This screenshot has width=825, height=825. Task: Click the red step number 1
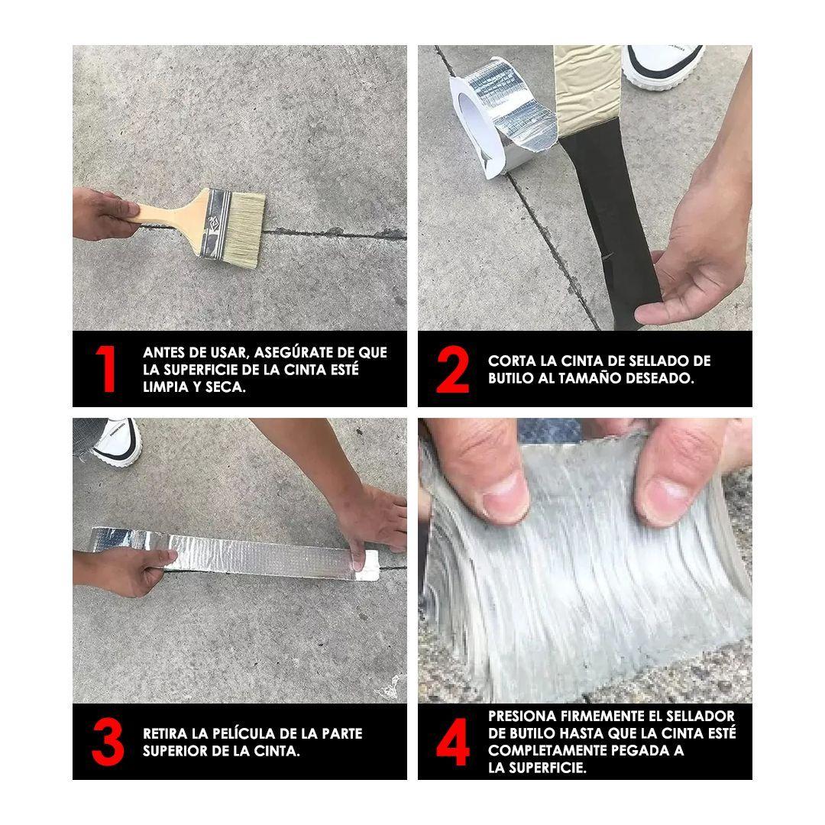point(108,368)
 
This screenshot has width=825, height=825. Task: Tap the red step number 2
point(452,369)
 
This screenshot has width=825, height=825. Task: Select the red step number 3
point(108,741)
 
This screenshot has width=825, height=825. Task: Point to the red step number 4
point(453,741)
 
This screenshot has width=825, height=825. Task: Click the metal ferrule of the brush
point(215,224)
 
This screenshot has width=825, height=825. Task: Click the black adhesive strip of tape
point(613,221)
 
